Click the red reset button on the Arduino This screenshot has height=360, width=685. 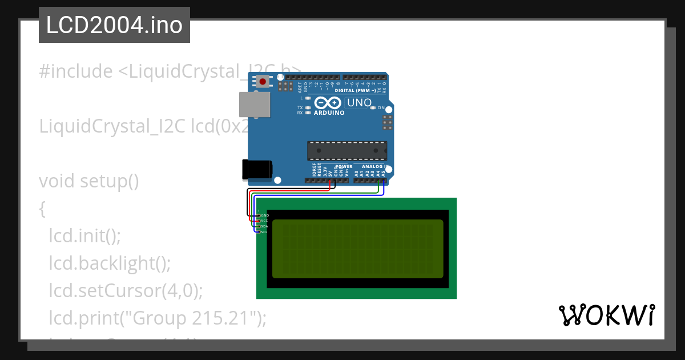click(x=263, y=82)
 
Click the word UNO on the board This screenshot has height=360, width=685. click(x=359, y=103)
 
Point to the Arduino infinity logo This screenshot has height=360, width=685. click(x=328, y=103)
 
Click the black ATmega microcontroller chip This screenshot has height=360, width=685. click(x=347, y=150)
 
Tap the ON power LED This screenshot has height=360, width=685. click(x=373, y=107)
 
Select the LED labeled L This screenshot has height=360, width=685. click(x=308, y=98)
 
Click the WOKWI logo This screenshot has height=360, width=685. click(x=606, y=315)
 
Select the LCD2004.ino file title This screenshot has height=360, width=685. click(x=114, y=25)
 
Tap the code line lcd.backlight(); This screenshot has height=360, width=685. click(x=110, y=263)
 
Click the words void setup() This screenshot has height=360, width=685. click(x=89, y=181)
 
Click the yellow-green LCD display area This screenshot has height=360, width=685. click(x=357, y=249)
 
